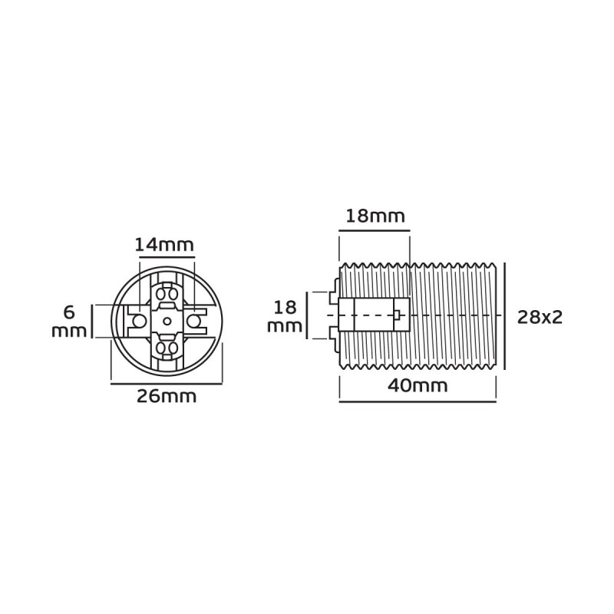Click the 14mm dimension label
(164, 245)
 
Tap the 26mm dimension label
(167, 397)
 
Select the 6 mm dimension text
(69, 322)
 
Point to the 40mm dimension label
(418, 386)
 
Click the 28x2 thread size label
(540, 318)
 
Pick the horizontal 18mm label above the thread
(375, 216)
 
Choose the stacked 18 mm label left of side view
(285, 317)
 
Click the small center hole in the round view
(167, 321)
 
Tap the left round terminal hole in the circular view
(138, 321)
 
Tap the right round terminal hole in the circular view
(193, 321)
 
